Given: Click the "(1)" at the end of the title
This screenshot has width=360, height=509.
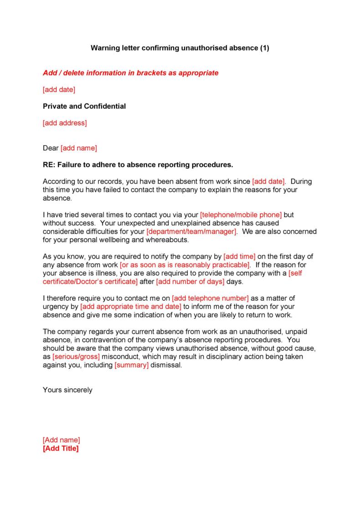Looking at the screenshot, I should click(265, 48).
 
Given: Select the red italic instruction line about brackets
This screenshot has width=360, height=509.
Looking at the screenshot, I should click(130, 73).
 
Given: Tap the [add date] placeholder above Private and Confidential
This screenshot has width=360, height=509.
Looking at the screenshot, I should click(59, 90).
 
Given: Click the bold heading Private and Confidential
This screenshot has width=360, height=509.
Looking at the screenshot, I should click(84, 107).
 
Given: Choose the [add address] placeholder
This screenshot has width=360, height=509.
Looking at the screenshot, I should click(64, 123).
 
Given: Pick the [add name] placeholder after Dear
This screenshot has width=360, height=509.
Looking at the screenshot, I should click(79, 148).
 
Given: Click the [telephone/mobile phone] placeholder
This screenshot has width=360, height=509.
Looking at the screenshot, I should click(241, 214).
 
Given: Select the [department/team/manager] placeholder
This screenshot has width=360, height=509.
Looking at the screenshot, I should click(191, 231).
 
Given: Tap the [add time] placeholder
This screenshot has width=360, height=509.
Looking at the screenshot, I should click(239, 256).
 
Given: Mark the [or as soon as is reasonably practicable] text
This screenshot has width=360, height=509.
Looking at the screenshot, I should click(185, 265).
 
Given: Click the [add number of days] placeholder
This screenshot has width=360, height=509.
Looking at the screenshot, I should click(190, 281).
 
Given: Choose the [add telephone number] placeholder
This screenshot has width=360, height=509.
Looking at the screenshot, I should click(211, 298).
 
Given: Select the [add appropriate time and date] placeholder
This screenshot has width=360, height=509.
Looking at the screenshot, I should click(131, 306).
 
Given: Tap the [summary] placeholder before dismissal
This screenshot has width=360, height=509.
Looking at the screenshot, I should click(132, 365).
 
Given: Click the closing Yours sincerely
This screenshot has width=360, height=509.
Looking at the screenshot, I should click(67, 390).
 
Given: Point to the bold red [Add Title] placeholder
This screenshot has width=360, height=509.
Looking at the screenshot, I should click(61, 448).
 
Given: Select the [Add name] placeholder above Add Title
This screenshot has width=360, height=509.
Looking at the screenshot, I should click(61, 440).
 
